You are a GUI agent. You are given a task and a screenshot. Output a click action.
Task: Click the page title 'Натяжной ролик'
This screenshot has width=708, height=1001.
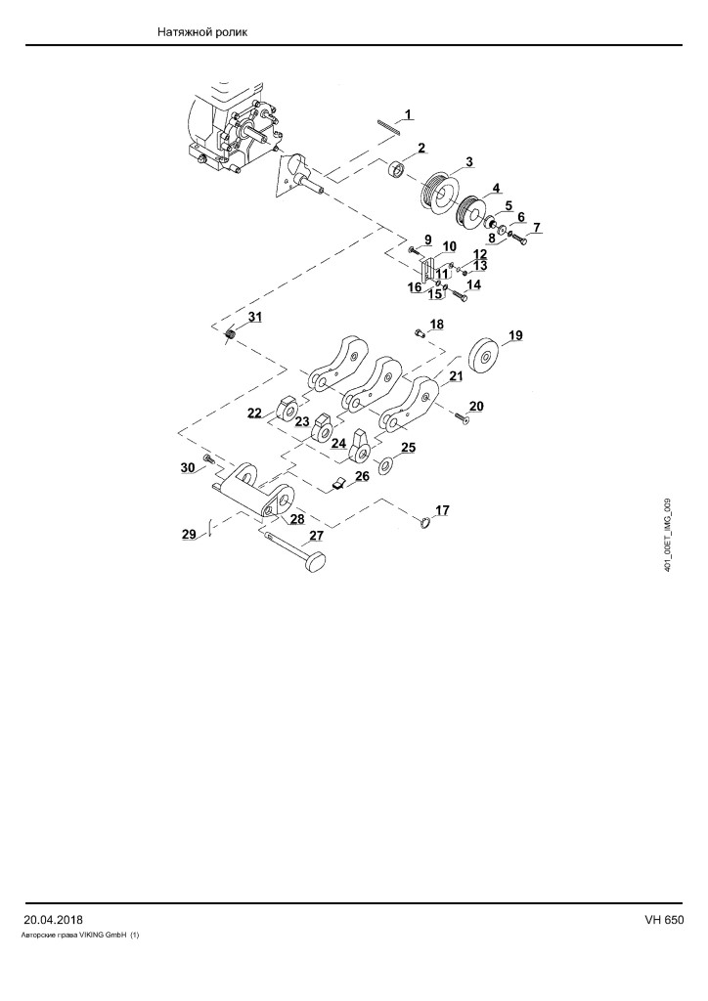point(201,32)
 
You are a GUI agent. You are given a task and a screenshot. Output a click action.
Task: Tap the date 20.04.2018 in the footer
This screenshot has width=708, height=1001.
point(53,920)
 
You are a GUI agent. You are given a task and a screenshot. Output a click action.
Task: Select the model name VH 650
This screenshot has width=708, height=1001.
point(664,920)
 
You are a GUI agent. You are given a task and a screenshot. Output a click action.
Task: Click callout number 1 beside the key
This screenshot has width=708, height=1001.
point(408,115)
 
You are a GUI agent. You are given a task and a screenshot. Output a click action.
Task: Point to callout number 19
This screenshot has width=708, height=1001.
point(515,335)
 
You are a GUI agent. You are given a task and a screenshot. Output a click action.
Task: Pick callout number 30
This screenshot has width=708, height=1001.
point(187,468)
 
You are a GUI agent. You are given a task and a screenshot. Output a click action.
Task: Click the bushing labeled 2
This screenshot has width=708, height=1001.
point(398,171)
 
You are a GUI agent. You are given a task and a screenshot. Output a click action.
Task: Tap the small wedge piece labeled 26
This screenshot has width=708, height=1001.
point(338,483)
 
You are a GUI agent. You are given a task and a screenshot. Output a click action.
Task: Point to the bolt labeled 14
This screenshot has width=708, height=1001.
point(459,296)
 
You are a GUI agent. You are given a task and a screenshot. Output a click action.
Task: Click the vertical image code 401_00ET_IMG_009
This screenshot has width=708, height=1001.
point(668,535)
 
